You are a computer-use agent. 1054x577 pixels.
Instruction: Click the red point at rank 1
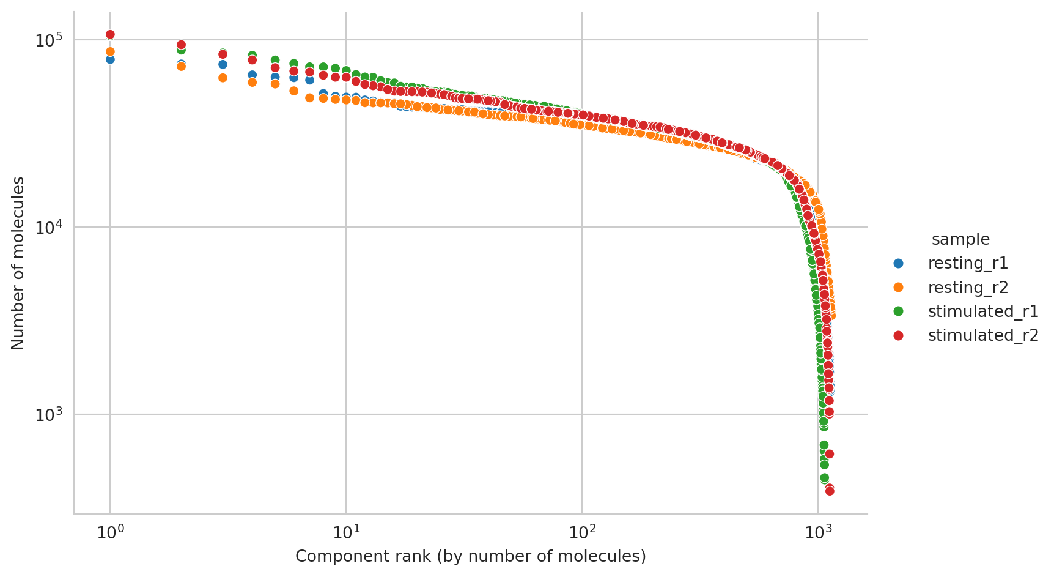pos(110,34)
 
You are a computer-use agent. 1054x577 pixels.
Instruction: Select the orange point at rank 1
pos(110,52)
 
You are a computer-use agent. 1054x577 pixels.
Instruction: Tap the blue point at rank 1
pos(110,59)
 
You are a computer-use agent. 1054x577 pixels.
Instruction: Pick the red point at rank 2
pos(181,45)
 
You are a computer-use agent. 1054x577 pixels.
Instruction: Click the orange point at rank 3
pos(223,78)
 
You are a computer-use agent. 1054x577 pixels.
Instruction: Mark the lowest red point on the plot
pos(830,491)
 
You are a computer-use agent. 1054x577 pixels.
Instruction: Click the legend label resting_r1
pos(968,264)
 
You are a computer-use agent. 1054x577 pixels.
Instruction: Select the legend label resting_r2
pos(968,288)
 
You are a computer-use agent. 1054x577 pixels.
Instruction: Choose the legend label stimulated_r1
pos(983,311)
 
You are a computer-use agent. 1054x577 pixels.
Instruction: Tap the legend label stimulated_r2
pos(983,335)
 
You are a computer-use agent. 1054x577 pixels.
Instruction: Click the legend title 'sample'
pos(960,239)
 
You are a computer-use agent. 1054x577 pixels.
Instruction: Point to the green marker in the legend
pos(898,311)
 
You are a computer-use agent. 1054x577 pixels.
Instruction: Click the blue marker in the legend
pos(898,264)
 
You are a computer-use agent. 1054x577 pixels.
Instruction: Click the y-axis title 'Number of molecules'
pos(18,263)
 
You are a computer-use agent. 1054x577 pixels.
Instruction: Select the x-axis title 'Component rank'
pos(470,557)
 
